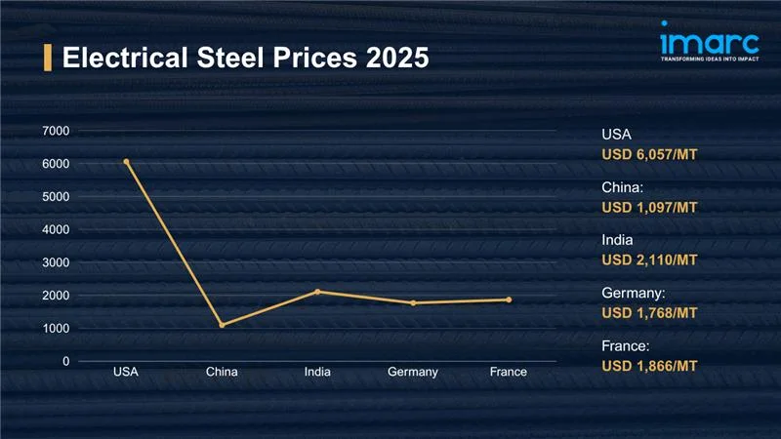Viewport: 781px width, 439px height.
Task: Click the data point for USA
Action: [x=126, y=162]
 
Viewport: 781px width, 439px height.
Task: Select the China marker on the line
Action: [x=222, y=325]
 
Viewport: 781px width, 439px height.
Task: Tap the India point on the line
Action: [x=317, y=292]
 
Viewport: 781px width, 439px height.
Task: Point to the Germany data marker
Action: [x=413, y=303]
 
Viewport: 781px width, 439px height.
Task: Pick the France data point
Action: [x=509, y=299]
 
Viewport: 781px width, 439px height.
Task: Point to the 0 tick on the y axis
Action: [x=66, y=361]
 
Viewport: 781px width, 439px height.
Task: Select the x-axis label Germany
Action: [x=413, y=373]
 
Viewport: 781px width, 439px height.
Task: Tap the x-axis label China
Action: [x=222, y=373]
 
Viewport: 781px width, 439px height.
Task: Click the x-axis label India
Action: [x=317, y=373]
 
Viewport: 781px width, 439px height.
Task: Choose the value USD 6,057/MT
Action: [x=650, y=154]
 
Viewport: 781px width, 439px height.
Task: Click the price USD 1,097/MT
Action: [x=650, y=207]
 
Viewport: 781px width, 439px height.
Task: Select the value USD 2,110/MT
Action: [x=650, y=259]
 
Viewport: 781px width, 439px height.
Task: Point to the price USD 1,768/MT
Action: [x=650, y=312]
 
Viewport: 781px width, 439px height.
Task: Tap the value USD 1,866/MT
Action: [x=650, y=365]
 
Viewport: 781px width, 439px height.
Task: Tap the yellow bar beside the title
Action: [x=48, y=58]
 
